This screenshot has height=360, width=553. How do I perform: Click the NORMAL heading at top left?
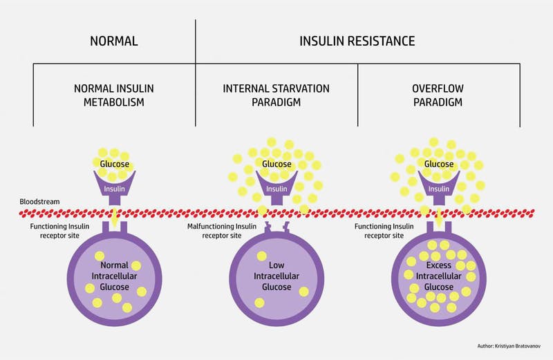(114, 41)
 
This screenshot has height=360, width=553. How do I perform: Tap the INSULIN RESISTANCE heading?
(357, 41)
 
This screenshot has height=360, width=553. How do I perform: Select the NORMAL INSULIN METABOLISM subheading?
(114, 97)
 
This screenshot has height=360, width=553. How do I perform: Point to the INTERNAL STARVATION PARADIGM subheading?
(276, 97)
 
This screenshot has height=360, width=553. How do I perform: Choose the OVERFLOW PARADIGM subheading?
(438, 97)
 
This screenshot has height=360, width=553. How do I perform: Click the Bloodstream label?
(40, 202)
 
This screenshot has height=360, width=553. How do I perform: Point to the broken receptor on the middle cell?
(276, 227)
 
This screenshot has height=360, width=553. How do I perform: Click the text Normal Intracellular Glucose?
(115, 274)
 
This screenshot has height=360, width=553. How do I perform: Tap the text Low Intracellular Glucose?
(276, 274)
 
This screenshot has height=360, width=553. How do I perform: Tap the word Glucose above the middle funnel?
(276, 164)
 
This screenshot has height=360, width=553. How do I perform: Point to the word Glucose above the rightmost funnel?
(438, 164)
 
